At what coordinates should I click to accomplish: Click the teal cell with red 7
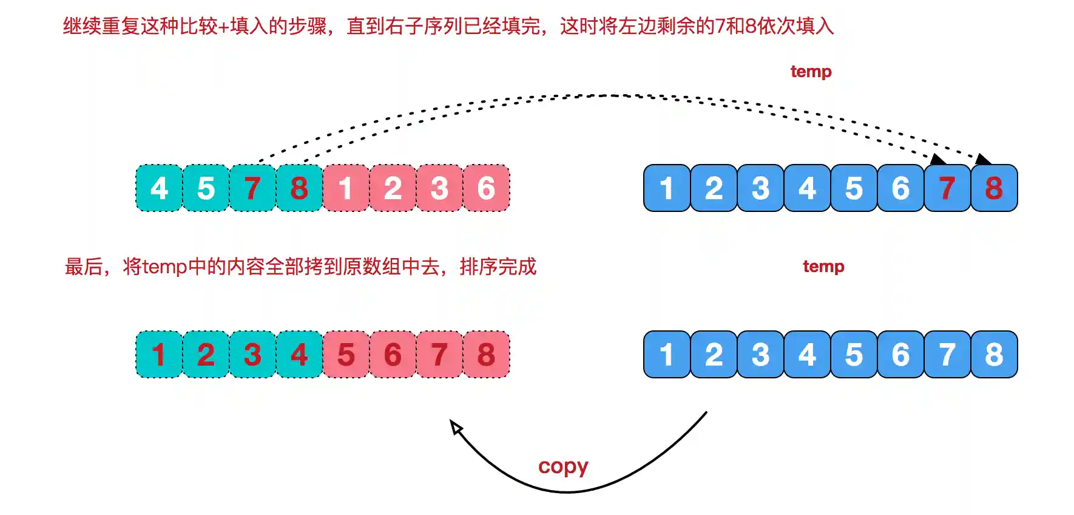[x=252, y=188]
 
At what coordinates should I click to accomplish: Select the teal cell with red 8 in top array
[x=299, y=188]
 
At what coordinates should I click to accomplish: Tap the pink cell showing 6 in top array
[x=486, y=188]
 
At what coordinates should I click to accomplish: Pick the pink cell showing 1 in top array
[x=346, y=188]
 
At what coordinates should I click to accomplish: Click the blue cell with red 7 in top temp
[x=947, y=188]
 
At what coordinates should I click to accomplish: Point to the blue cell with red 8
[x=994, y=188]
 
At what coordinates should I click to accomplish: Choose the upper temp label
[x=811, y=72]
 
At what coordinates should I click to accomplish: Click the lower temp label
[x=823, y=267]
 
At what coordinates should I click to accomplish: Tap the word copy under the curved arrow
[x=563, y=466]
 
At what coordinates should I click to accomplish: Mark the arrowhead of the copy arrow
[x=456, y=427]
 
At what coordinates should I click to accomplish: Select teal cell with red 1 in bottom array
[x=159, y=355]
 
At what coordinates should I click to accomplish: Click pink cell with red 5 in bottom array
[x=346, y=355]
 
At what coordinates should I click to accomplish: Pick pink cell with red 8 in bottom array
[x=486, y=355]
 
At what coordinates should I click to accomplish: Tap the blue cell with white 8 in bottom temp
[x=994, y=355]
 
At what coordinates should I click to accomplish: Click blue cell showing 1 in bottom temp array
[x=667, y=355]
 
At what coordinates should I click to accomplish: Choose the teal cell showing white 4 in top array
[x=159, y=188]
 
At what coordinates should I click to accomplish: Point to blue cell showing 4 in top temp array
[x=807, y=188]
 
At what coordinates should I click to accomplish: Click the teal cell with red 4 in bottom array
[x=299, y=355]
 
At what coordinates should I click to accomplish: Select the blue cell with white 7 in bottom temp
[x=947, y=355]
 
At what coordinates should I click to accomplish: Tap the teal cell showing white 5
[x=206, y=188]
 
